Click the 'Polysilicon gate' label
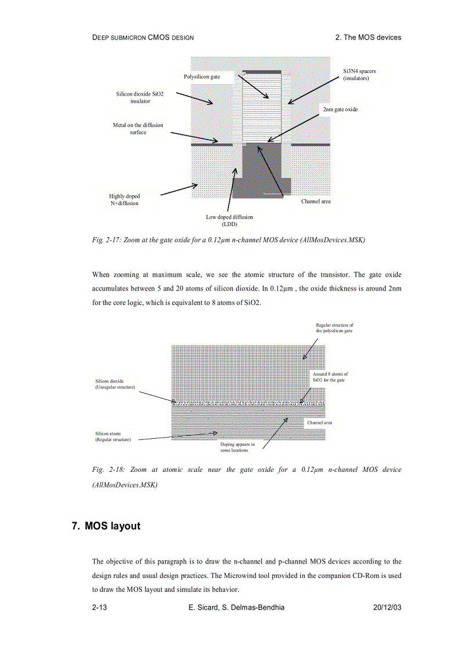(x=202, y=77)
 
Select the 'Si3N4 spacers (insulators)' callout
(x=359, y=74)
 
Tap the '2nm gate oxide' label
(x=340, y=109)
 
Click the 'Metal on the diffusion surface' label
(x=138, y=128)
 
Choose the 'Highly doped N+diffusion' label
(x=125, y=199)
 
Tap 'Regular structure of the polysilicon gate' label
(x=334, y=328)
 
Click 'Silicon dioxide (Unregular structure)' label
(x=115, y=384)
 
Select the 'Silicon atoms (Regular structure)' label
(x=113, y=436)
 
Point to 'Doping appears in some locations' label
(x=237, y=447)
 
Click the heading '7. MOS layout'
(x=106, y=526)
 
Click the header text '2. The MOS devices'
(x=368, y=37)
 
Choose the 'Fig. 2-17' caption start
(x=106, y=240)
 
